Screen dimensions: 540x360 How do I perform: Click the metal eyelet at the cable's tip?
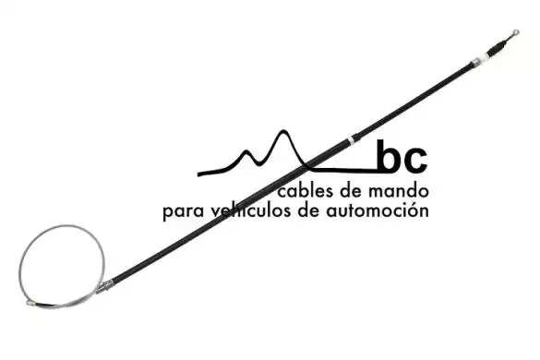516,32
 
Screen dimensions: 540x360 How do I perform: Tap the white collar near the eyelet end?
486,56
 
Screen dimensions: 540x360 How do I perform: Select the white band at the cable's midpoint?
351,140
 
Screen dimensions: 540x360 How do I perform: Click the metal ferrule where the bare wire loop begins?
104,287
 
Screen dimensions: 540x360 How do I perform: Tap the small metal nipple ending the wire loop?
31,303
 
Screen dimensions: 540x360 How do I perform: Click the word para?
183,211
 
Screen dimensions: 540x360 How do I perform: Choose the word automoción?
378,210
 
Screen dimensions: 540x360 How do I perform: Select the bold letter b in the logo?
389,156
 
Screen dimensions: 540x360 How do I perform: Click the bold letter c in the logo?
415,160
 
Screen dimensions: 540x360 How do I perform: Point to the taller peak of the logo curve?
283,131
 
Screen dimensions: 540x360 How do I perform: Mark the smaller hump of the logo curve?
246,151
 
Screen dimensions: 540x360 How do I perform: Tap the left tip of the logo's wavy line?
198,174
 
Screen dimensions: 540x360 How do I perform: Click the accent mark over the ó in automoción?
415,204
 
